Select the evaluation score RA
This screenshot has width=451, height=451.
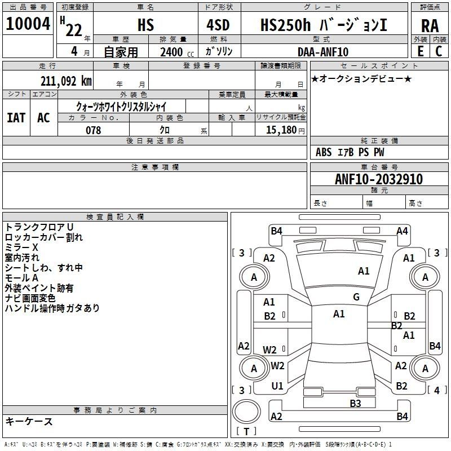coord(430,25)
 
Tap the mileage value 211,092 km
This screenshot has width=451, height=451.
coord(66,81)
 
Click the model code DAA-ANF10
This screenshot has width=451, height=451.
coord(323,52)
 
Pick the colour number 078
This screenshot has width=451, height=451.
coord(93,130)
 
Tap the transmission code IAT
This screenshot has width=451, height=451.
coord(16,118)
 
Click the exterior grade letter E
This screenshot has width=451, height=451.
coord(420,51)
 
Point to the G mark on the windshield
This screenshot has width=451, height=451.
coord(356,297)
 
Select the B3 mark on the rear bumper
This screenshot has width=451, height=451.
coord(355,403)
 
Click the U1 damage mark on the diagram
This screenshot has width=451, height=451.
coord(277,386)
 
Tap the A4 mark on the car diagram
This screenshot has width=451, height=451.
coord(402,231)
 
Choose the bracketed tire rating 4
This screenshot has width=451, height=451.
coord(436,390)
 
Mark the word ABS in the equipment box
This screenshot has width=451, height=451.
coord(324,152)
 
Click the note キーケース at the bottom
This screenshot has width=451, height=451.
coord(29,421)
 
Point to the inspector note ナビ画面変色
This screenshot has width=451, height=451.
coord(30,298)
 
